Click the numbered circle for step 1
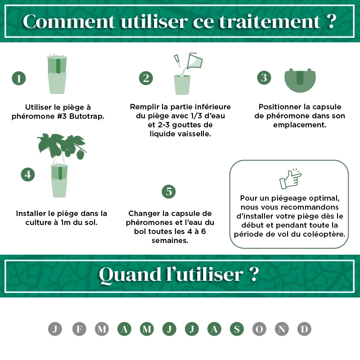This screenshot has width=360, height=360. (x=19, y=78)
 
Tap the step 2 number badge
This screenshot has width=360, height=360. (x=146, y=78)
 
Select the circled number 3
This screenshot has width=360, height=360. (x=264, y=77)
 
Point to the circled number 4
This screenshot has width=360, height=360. (x=28, y=175)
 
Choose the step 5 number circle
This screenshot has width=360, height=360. (x=169, y=192)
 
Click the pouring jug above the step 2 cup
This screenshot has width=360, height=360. (x=195, y=61)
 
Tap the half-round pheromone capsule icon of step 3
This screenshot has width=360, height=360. (x=300, y=81)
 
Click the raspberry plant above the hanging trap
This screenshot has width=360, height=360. (x=62, y=146)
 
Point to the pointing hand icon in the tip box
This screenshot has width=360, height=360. (x=290, y=179)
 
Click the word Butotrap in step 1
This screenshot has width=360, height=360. (x=86, y=116)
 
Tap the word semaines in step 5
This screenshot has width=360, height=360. (x=170, y=241)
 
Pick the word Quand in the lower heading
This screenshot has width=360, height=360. (x=130, y=274)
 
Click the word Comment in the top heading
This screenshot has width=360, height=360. (x=69, y=22)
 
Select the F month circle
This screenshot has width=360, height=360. (x=79, y=329)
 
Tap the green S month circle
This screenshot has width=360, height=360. (x=237, y=329)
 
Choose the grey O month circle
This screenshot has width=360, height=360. (x=259, y=329)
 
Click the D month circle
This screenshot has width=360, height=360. (x=304, y=329)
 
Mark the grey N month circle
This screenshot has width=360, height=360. (x=282, y=329)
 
